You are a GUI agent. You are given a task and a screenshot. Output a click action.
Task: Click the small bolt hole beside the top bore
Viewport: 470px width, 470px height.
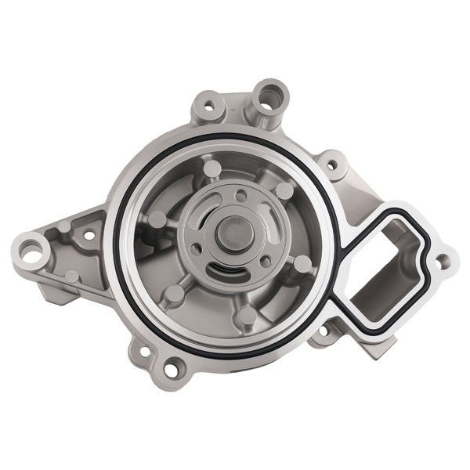[208, 103]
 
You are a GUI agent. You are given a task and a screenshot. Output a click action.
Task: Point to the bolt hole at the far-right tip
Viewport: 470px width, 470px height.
[443, 260]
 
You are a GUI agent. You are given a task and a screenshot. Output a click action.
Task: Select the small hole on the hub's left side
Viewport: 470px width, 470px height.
[195, 249]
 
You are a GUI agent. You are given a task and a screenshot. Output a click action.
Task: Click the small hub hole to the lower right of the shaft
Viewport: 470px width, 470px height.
[266, 261]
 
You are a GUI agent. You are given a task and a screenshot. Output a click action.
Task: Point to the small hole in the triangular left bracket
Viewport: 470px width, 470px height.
[88, 234]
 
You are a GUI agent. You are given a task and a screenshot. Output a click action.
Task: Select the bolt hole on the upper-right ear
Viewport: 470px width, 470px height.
[332, 166]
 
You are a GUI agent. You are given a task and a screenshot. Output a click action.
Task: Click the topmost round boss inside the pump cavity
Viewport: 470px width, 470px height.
[212, 168]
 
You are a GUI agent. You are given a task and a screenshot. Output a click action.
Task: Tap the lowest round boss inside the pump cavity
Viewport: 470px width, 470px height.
[247, 316]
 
